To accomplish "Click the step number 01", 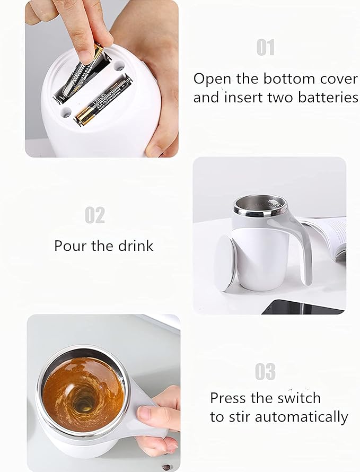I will pyautogui.click(x=265, y=47).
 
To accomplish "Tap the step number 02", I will pyautogui.click(x=95, y=215).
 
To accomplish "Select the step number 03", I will pyautogui.click(x=265, y=372).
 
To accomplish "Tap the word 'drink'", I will pyautogui.click(x=136, y=246).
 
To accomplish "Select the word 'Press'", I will pyautogui.click(x=229, y=398).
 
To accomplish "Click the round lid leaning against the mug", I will pyautogui.click(x=225, y=262).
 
